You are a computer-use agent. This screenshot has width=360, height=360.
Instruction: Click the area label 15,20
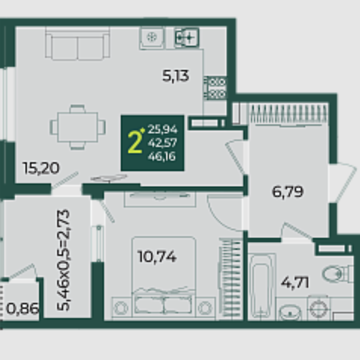click(41, 168)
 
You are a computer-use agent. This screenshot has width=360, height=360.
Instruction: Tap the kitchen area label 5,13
click(175, 76)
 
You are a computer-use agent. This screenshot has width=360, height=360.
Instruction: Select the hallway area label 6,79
click(287, 191)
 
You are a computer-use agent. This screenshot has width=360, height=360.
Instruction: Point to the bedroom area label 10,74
click(157, 257)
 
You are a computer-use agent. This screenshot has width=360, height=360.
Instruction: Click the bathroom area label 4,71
click(295, 283)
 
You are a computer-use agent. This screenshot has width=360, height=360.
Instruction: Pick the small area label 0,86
click(22, 309)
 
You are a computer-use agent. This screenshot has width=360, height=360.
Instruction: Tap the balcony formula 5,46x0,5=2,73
click(63, 260)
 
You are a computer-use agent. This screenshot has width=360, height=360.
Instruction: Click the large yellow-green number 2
click(135, 142)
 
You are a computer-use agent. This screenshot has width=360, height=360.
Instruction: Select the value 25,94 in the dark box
click(163, 129)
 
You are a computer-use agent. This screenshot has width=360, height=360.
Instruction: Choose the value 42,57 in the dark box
click(163, 143)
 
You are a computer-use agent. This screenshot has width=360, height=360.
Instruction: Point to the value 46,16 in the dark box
click(162, 157)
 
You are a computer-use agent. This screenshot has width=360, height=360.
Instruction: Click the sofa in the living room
click(77, 44)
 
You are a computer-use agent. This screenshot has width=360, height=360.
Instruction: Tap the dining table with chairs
click(77, 127)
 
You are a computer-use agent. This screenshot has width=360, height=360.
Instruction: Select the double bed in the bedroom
click(163, 278)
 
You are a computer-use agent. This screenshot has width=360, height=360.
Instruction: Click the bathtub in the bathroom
click(262, 287)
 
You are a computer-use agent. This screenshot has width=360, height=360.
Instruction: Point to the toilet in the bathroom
click(338, 274)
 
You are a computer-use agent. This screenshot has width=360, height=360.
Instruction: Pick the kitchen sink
click(187, 37)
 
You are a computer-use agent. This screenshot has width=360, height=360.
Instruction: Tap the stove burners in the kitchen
click(215, 88)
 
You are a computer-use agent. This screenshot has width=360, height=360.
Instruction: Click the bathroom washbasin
click(290, 312)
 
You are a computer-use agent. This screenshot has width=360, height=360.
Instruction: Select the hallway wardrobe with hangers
click(281, 114)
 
